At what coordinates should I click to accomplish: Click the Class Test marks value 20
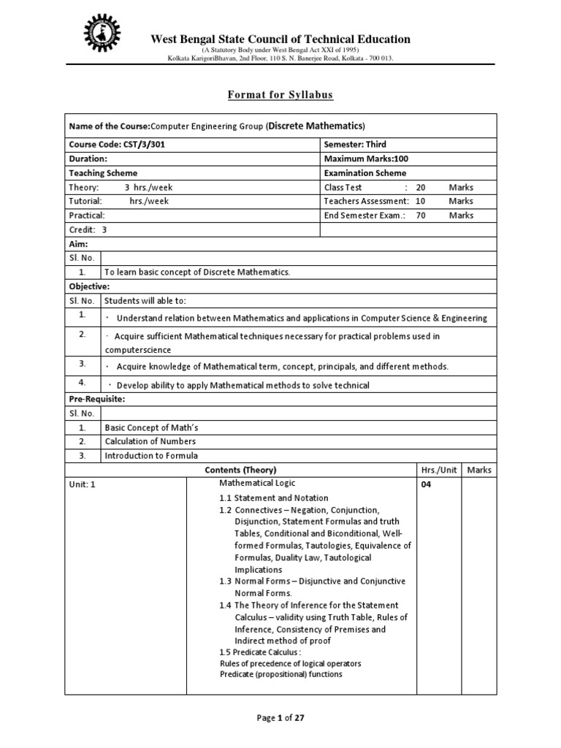coord(420,187)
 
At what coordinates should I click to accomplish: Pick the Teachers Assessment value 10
coord(420,201)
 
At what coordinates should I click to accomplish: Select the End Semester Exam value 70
coord(420,215)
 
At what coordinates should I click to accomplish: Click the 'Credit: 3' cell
coord(88,229)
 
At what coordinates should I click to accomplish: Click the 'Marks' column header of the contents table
coord(479,470)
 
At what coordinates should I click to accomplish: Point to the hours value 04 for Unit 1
coord(426,484)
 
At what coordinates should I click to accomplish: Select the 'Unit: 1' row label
coord(83,484)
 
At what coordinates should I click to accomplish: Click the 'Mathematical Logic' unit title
coord(258,483)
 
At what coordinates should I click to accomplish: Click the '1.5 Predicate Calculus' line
coord(259,652)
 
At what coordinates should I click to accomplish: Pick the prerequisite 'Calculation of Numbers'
coord(150,441)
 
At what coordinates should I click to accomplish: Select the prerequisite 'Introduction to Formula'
coord(151,456)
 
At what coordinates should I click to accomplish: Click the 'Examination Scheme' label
coord(365,173)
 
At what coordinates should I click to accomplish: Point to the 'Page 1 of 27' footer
coord(280,717)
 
